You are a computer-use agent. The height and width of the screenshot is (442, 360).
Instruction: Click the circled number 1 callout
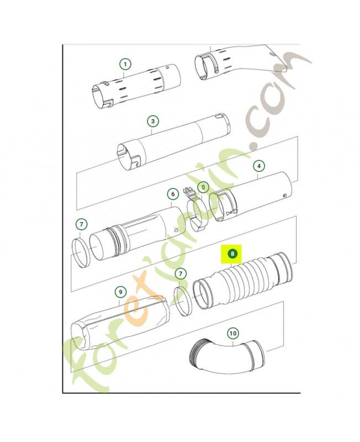tap(125, 64)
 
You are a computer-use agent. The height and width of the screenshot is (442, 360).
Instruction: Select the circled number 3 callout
tap(153, 121)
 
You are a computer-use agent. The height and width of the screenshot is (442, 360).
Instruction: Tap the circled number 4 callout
tap(259, 166)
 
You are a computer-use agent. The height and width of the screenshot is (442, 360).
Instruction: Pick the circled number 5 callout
tap(203, 187)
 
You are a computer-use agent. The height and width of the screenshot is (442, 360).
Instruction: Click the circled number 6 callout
tap(173, 194)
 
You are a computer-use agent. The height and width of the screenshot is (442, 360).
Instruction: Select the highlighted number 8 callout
tap(232, 254)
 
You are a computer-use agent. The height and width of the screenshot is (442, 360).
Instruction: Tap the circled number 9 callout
tap(120, 292)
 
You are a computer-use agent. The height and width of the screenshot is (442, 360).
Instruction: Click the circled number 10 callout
tap(233, 334)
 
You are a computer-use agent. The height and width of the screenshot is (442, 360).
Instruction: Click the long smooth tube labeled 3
tap(173, 141)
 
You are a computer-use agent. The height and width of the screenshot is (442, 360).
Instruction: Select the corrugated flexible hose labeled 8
tap(243, 281)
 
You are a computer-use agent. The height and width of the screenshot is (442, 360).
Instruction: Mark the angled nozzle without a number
tap(243, 62)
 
